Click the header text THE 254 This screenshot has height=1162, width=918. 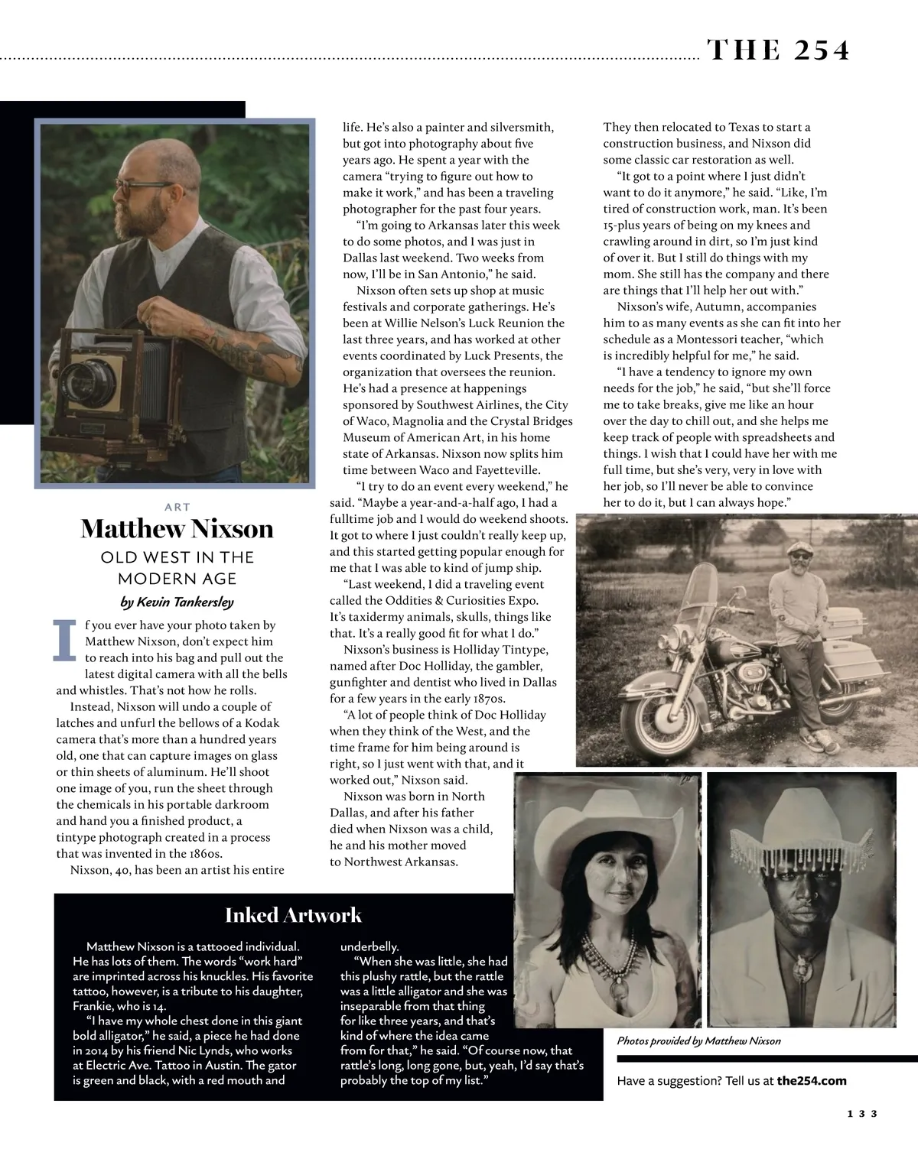point(778,50)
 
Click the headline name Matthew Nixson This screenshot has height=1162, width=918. point(177,529)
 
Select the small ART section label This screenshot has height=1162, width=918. point(177,507)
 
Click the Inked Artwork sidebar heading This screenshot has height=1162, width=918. point(293,915)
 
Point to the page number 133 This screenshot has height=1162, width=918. point(861,1135)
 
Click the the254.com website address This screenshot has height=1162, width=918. point(812,1081)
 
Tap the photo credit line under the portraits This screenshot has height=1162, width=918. point(698,1040)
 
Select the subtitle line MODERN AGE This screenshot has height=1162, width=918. point(177,579)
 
